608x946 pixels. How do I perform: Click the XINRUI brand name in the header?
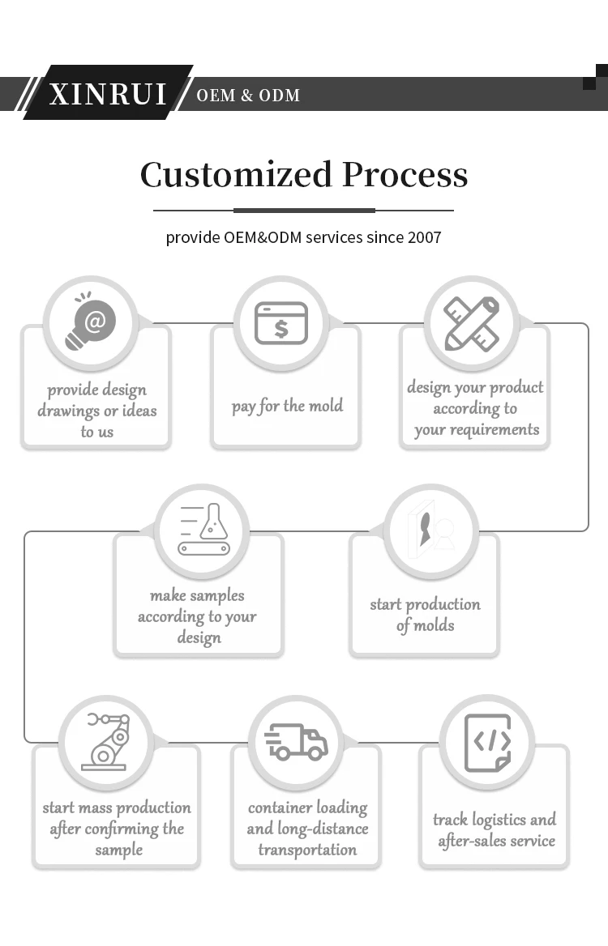click(108, 94)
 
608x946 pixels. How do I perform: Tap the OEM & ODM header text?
click(248, 96)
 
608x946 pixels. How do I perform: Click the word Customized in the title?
click(236, 175)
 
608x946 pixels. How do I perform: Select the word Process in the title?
click(405, 175)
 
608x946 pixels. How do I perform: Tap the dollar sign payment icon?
click(280, 323)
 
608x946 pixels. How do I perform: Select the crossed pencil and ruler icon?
click(471, 323)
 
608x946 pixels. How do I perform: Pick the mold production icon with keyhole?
click(430, 530)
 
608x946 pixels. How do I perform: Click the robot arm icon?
click(106, 740)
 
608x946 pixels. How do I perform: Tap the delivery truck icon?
click(296, 741)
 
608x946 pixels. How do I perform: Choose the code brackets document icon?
click(487, 742)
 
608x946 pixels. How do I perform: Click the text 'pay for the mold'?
click(287, 406)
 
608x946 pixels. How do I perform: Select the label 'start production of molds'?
click(425, 615)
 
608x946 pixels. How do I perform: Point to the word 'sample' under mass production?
click(118, 850)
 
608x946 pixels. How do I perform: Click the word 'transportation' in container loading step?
click(307, 850)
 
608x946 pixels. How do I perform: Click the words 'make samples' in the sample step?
click(197, 595)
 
